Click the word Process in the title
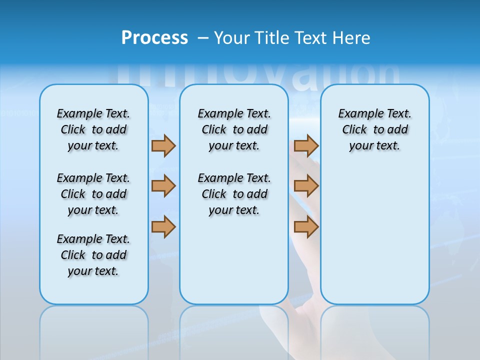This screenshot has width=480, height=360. (x=154, y=37)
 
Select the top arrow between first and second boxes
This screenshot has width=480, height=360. (x=163, y=145)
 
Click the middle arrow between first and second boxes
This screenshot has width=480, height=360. (x=163, y=186)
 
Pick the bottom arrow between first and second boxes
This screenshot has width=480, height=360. (x=163, y=227)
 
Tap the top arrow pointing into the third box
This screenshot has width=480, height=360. (x=306, y=145)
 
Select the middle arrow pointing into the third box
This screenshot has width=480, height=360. (x=306, y=186)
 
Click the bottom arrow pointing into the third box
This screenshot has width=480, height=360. (x=306, y=227)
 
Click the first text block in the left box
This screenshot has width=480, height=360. (x=93, y=129)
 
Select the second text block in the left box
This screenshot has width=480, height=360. (x=93, y=194)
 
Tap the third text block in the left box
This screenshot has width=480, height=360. (x=93, y=255)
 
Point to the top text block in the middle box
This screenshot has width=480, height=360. (x=234, y=129)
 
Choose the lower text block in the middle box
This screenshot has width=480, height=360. (x=234, y=194)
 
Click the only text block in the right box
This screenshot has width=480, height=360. (x=374, y=129)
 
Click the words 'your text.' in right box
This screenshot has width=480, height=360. (x=374, y=145)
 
